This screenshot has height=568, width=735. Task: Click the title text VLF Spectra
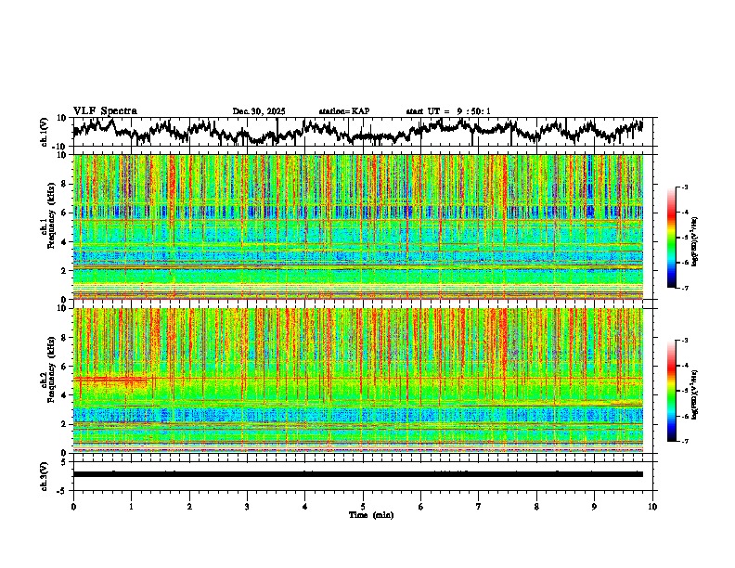[x=105, y=110]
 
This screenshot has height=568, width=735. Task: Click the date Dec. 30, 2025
[x=259, y=111]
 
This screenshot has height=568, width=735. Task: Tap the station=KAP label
[x=343, y=111]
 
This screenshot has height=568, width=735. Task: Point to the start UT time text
[x=448, y=111]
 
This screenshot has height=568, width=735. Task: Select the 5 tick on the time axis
[x=363, y=506]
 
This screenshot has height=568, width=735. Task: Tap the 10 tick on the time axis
[x=652, y=506]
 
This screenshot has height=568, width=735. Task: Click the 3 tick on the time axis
[x=247, y=506]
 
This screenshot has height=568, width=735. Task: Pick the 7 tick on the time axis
[x=479, y=506]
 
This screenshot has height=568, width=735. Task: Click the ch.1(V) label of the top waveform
[x=45, y=132]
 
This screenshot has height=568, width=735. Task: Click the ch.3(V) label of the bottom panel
[x=45, y=474]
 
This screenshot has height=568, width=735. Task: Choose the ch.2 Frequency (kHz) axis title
[x=46, y=380]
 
